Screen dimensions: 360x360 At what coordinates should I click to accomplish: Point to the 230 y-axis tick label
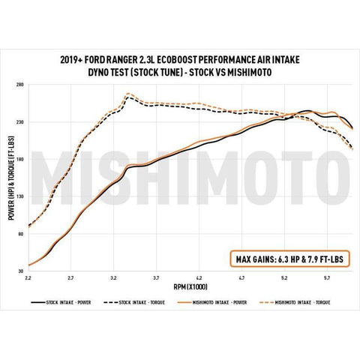point(19,121)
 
